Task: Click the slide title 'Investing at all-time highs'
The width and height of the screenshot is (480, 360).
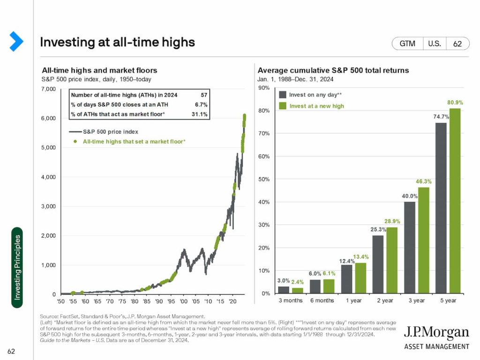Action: [x=117, y=42]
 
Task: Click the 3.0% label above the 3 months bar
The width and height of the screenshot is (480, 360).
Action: [x=283, y=281]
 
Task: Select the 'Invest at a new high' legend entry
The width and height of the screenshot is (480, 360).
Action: [x=316, y=106]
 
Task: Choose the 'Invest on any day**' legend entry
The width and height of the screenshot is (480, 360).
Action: [x=315, y=95]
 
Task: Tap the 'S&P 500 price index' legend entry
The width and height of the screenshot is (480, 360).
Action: [x=110, y=132]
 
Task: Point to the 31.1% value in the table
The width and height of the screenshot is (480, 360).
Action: [x=201, y=114]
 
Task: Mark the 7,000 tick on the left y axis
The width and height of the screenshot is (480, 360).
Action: [x=48, y=89]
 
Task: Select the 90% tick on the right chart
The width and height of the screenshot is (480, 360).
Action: [x=264, y=88]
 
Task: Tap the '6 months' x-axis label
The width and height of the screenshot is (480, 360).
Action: [x=322, y=300]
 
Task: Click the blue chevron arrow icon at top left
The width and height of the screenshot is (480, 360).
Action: [x=16, y=41]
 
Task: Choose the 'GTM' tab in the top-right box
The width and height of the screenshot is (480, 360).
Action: [x=407, y=44]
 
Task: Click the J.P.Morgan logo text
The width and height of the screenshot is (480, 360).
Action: [x=436, y=334]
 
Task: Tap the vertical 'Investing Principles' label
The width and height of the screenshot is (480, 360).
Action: [x=17, y=267]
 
